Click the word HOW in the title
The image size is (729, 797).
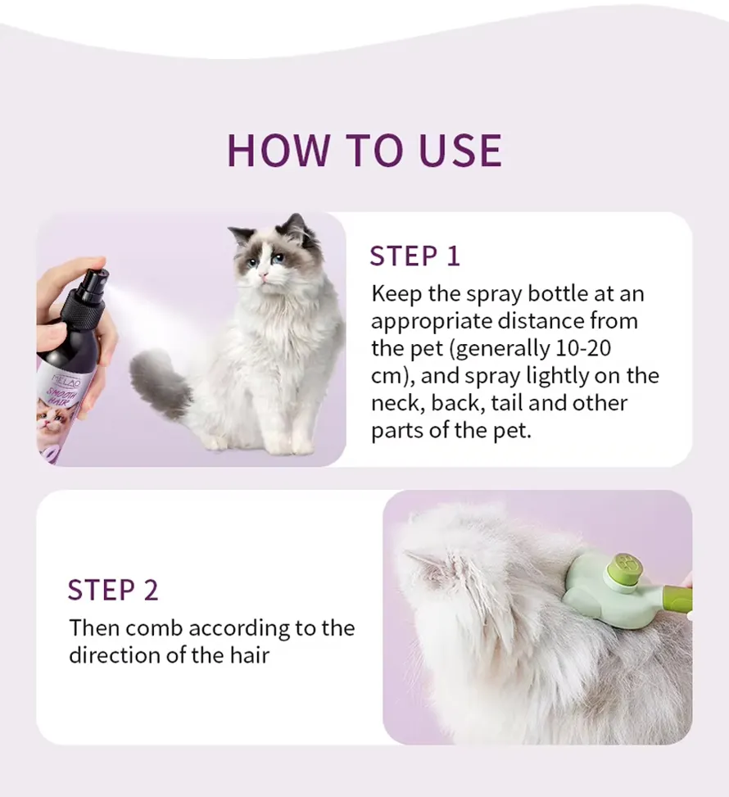[x=278, y=151]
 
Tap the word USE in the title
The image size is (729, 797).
[x=460, y=151]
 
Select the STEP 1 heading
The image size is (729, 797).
[x=414, y=256]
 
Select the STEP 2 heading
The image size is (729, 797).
[x=113, y=590]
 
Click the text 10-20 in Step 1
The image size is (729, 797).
[x=583, y=348]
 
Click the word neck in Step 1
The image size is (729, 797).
[x=398, y=403]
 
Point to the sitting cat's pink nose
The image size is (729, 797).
[x=263, y=275]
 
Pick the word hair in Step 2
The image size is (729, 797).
[x=249, y=655]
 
